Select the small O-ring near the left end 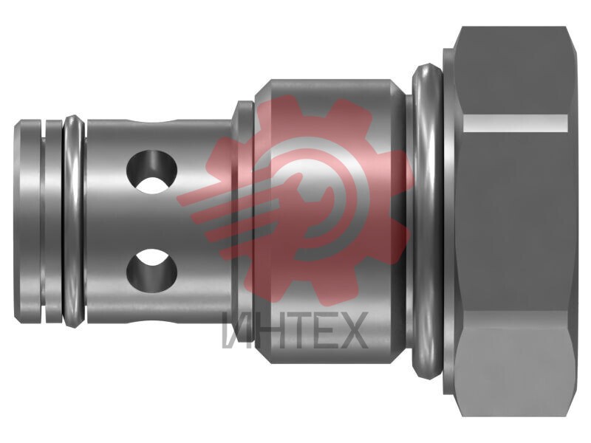(75, 221)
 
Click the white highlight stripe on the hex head (516, 123)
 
